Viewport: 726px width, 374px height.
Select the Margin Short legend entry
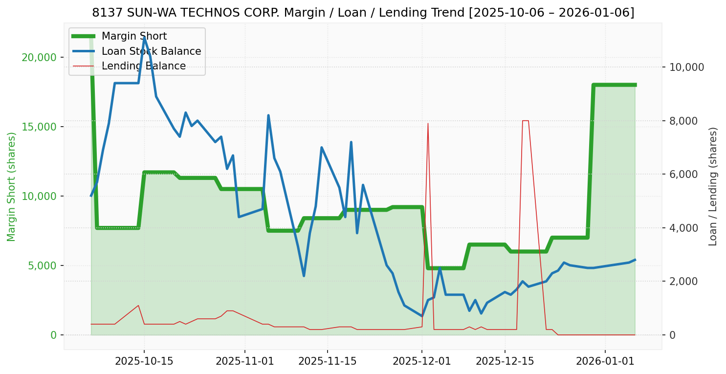tap(134, 36)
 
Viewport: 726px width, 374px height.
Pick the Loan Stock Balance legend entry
tap(151, 51)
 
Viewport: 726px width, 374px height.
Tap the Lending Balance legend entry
tap(143, 66)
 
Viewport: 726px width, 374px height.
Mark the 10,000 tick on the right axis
tap(687, 67)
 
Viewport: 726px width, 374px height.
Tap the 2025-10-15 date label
tap(144, 361)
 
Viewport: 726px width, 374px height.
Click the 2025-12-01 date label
tap(422, 361)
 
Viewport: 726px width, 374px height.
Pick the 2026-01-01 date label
tap(605, 361)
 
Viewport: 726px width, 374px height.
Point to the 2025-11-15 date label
tap(327, 361)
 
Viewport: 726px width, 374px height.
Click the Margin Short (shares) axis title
tap(12, 187)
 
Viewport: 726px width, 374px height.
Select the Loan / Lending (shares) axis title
tap(713, 186)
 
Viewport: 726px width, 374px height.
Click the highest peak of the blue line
tap(144, 37)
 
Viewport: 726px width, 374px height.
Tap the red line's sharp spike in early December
tap(428, 123)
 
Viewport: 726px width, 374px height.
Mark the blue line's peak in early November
tap(268, 115)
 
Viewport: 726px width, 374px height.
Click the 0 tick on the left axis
tap(53, 335)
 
